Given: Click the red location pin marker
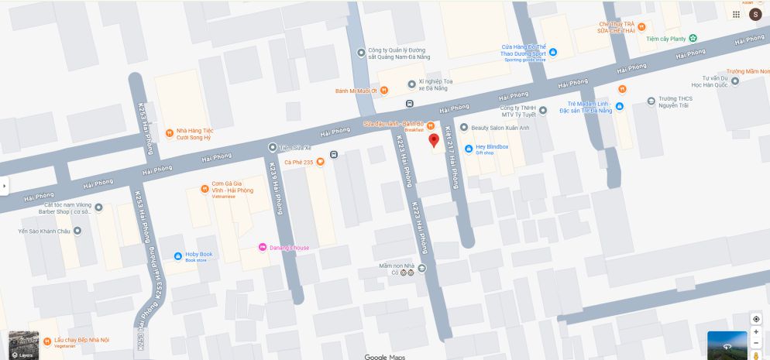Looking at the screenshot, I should pyautogui.click(x=434, y=140).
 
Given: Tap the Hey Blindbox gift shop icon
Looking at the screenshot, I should pyautogui.click(x=468, y=149).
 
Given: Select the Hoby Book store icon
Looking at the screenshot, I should pyautogui.click(x=178, y=255).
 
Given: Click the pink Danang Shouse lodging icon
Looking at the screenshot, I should pyautogui.click(x=263, y=247).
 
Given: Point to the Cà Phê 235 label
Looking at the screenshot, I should pyautogui.click(x=298, y=162).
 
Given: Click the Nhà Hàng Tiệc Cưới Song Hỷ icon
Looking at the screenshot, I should pyautogui.click(x=170, y=133).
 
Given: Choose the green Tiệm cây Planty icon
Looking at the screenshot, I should pyautogui.click(x=693, y=38).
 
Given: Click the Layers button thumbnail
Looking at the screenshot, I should pyautogui.click(x=23, y=345).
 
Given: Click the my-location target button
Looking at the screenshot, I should pyautogui.click(x=756, y=319).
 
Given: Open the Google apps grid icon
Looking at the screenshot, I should pyautogui.click(x=736, y=14).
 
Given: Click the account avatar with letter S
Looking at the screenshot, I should pyautogui.click(x=755, y=14).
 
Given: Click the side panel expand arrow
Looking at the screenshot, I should pyautogui.click(x=5, y=186).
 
